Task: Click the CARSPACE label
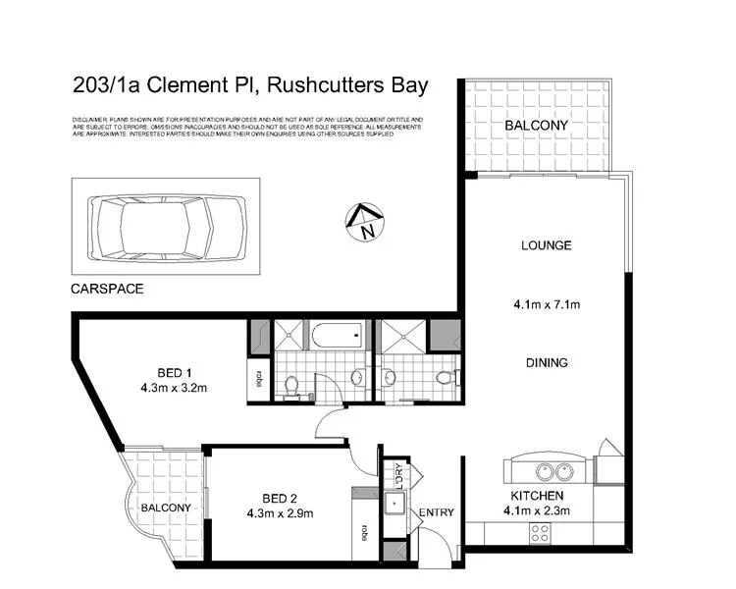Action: coord(107,291)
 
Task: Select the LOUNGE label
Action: coord(546,245)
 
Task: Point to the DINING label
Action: coord(546,362)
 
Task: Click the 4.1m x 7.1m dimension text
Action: coord(546,304)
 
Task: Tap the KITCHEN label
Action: coord(536,496)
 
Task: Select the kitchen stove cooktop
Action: coord(540,533)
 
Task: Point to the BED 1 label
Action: coord(177,371)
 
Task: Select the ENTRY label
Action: coord(435,513)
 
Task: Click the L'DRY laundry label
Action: coord(400,473)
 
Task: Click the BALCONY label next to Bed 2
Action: coord(164,508)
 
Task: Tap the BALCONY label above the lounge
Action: coord(536,126)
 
